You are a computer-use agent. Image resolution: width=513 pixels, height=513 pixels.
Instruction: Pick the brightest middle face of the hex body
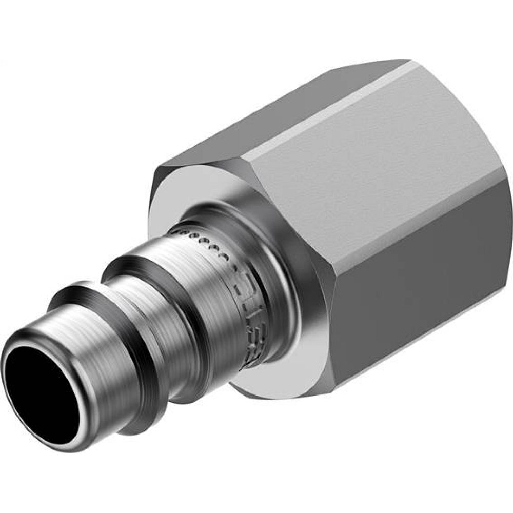[x=359, y=180]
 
